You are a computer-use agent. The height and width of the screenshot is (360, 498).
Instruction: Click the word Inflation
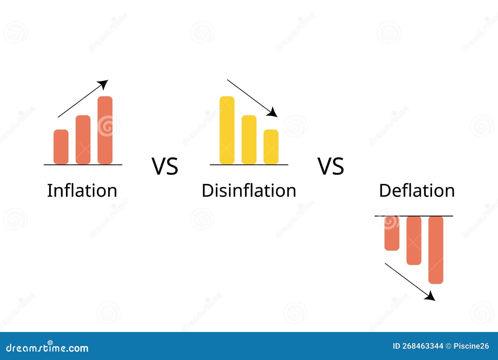point(82,190)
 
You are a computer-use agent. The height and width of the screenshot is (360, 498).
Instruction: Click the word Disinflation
point(249,190)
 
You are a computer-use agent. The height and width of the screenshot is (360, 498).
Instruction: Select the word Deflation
point(417,190)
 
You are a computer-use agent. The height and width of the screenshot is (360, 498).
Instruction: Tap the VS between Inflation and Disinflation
point(165,166)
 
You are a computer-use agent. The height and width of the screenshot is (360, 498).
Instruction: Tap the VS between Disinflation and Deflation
point(331,166)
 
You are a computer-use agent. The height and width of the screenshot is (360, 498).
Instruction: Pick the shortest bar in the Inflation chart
point(61,147)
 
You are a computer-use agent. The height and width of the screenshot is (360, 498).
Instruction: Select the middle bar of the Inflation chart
point(83,139)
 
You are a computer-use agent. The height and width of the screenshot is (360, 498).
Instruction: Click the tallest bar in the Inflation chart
point(105,130)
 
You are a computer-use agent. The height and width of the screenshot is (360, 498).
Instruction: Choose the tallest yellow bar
point(227,130)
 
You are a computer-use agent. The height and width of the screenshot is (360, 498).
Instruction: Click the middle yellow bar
point(249,139)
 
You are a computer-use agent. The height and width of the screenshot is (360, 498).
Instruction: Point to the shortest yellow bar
point(271,147)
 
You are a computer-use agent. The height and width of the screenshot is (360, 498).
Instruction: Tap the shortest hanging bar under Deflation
point(392,233)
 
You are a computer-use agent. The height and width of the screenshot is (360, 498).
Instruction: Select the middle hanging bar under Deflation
point(414,240)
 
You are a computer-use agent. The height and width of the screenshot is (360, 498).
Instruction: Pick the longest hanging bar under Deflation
point(436,250)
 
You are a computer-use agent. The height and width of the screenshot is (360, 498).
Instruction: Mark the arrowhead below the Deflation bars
point(431,296)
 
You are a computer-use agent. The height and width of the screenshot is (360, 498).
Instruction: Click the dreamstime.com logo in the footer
point(47,347)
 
